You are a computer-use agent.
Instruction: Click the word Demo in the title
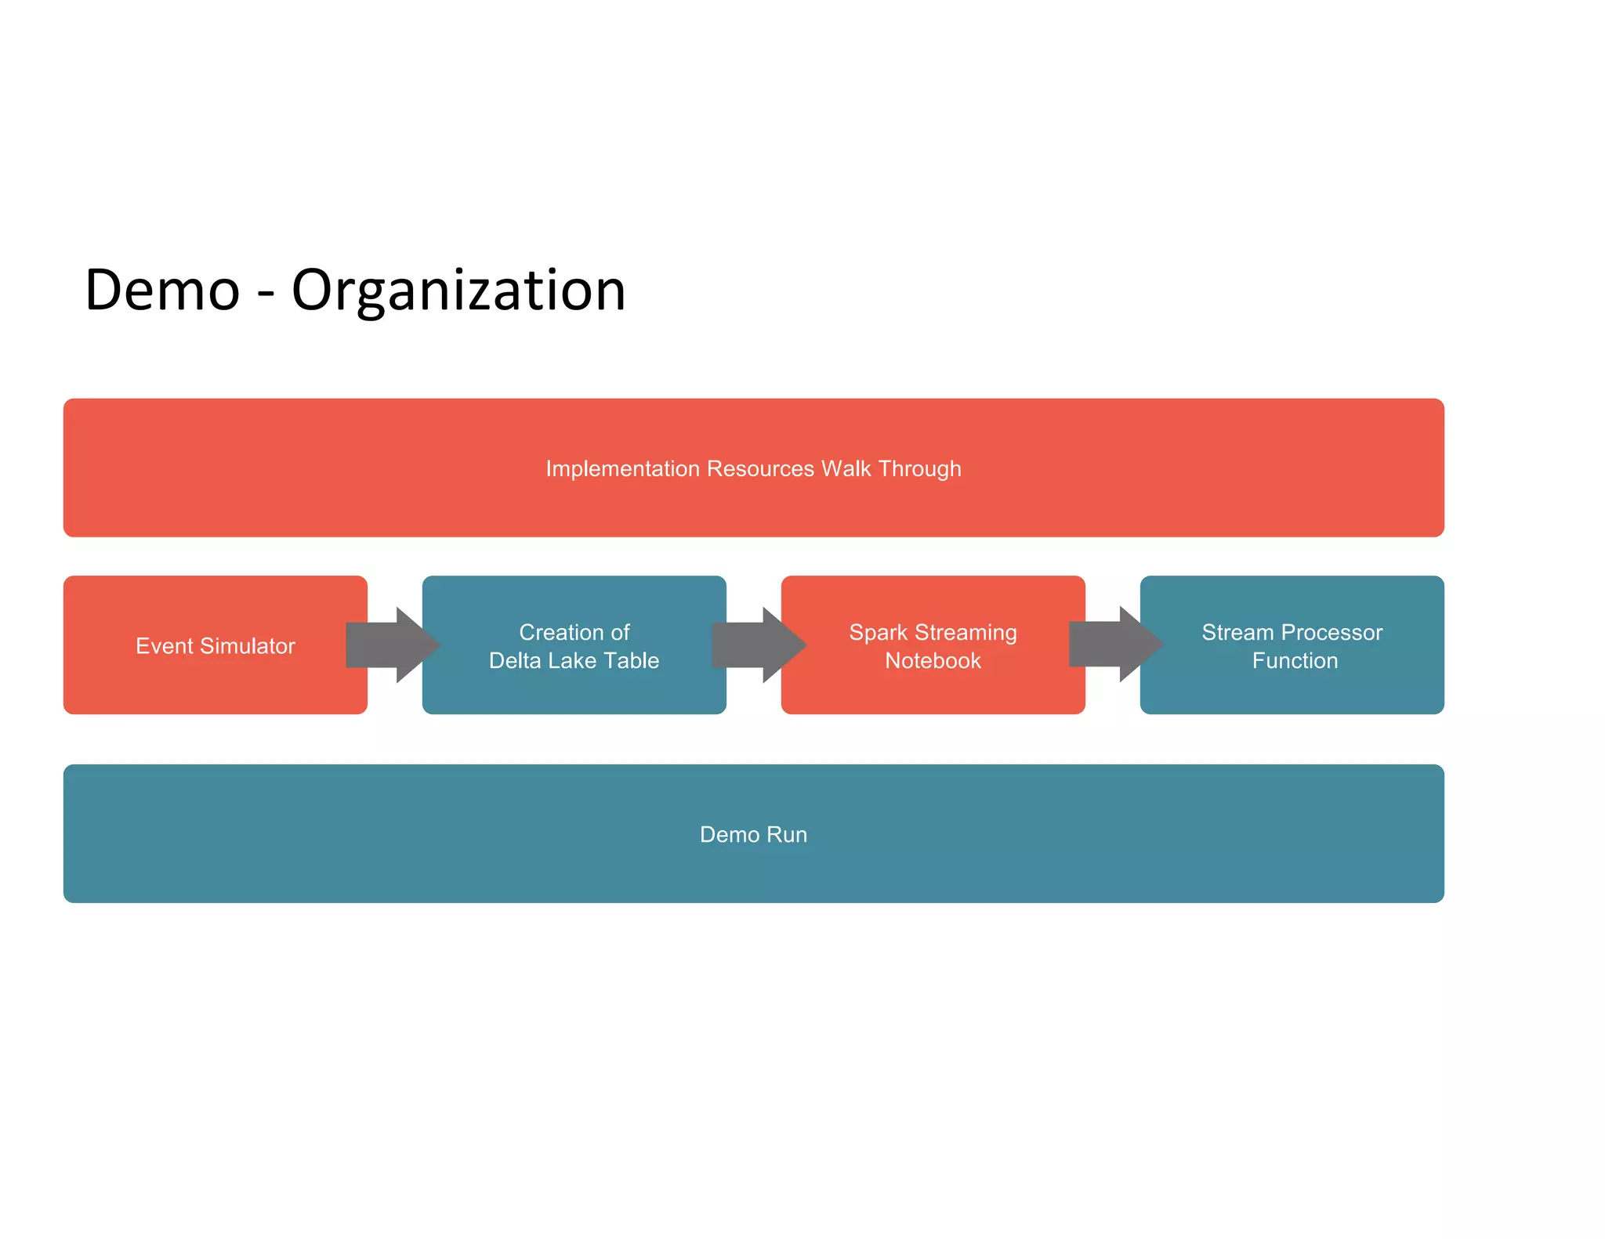(x=162, y=291)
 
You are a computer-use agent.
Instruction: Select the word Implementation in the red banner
(x=622, y=468)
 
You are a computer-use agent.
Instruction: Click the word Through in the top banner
(x=919, y=468)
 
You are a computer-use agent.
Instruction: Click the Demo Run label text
(x=753, y=834)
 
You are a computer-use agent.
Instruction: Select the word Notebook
(x=933, y=660)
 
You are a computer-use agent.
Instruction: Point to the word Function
(x=1295, y=660)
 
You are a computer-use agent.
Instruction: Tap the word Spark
(x=878, y=632)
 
